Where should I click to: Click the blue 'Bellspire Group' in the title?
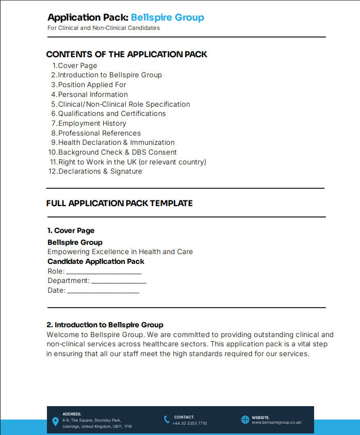click(167, 18)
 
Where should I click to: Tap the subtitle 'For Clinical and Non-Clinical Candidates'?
click(104, 28)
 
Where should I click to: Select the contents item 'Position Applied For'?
click(92, 85)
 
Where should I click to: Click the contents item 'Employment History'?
click(92, 123)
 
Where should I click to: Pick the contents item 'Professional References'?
click(99, 133)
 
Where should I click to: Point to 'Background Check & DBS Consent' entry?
click(117, 152)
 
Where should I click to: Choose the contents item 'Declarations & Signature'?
click(100, 171)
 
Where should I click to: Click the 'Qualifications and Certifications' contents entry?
click(111, 113)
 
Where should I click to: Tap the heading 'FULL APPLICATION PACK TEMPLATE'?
click(119, 203)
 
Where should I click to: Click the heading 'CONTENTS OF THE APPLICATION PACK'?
click(127, 54)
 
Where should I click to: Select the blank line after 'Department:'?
click(119, 282)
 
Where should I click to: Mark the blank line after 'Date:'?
click(103, 292)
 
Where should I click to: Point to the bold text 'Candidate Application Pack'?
click(96, 261)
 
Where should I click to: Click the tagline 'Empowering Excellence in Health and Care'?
click(120, 252)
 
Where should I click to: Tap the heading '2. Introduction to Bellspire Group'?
click(105, 325)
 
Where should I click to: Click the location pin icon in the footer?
click(56, 422)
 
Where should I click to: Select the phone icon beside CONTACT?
click(167, 420)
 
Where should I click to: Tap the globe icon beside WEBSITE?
click(245, 420)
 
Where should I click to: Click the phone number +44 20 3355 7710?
click(190, 423)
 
